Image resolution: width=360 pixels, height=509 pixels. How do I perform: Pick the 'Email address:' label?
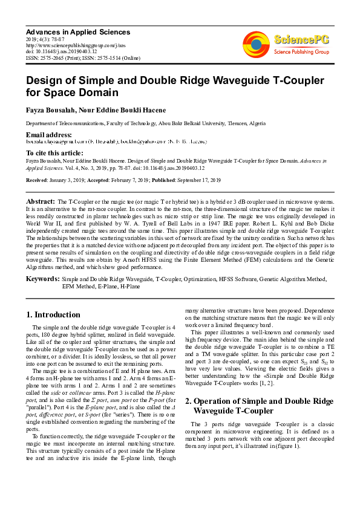[x=48, y=134]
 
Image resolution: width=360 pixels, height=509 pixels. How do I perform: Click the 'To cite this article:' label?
[x=54, y=154]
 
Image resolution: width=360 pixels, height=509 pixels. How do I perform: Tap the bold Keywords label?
[x=42, y=279]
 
